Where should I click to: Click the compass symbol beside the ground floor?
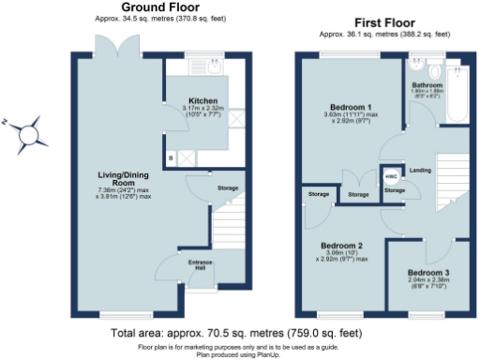point(32,134)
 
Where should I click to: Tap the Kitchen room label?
point(203,100)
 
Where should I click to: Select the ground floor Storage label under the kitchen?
point(228,188)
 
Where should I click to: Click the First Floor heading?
point(383,22)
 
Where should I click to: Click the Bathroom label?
point(427,84)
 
